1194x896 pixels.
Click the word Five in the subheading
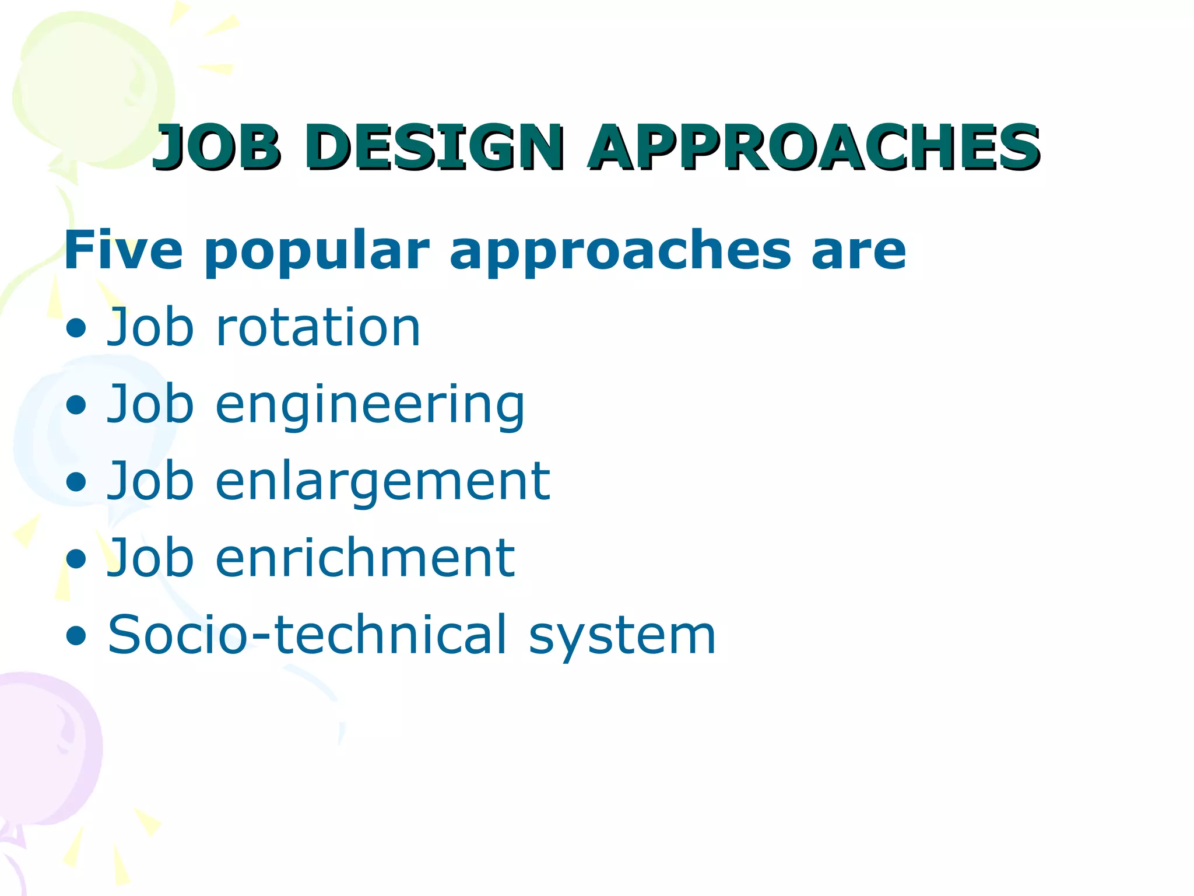123,251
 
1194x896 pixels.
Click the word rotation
318,328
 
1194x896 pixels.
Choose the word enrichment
365,559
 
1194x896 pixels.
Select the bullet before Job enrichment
76,559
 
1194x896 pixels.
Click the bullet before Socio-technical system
76,636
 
